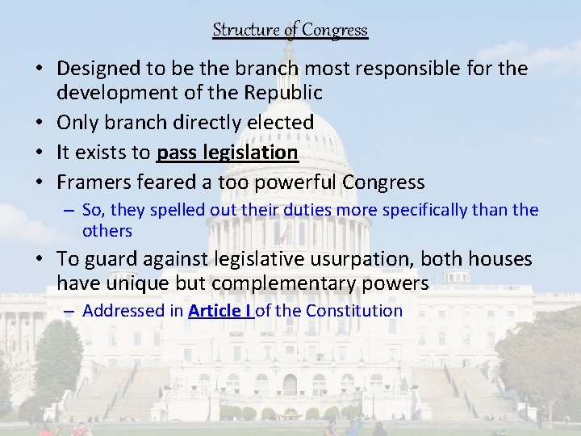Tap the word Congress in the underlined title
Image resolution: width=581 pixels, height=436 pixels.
click(x=336, y=30)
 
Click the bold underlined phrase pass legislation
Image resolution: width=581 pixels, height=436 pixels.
click(x=228, y=153)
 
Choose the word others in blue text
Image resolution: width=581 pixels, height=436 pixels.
click(x=107, y=230)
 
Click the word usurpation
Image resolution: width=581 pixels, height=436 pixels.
click(x=351, y=259)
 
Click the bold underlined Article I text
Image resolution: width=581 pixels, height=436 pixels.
click(x=220, y=311)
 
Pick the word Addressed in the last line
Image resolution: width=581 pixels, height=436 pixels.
click(x=120, y=311)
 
